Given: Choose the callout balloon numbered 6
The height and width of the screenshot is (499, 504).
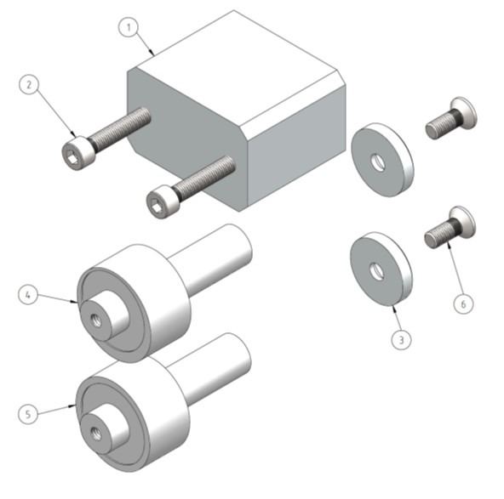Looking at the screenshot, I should [x=464, y=303].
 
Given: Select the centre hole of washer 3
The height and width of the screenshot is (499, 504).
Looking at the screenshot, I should [x=377, y=271].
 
